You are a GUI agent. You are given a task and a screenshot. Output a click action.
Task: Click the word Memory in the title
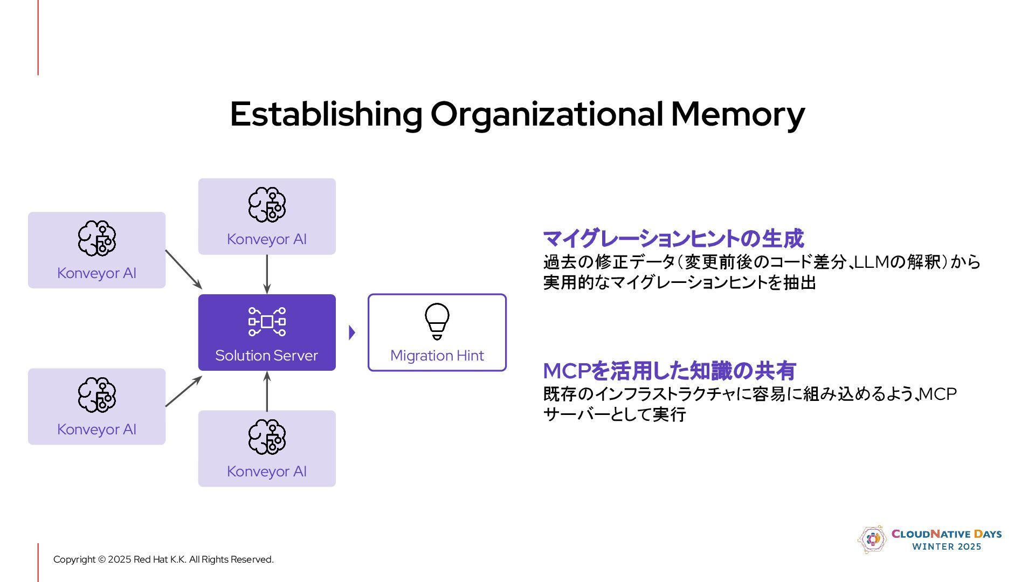[737, 114]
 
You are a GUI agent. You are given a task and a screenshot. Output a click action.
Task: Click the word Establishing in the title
[326, 114]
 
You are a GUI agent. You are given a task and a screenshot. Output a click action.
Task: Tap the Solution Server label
[266, 356]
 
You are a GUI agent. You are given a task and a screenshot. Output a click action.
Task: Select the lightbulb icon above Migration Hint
[437, 321]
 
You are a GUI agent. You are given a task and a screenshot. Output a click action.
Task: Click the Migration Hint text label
[437, 356]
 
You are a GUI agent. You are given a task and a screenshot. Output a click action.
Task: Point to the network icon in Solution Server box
[267, 322]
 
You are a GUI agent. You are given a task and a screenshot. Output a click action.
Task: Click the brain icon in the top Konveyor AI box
[267, 205]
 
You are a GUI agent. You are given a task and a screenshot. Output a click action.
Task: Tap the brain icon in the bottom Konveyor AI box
[267, 437]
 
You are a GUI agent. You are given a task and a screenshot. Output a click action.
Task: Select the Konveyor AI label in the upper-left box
[96, 273]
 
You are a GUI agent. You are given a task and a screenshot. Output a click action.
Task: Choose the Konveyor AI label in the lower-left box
[96, 429]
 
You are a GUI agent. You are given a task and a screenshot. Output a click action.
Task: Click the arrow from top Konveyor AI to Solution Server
[267, 274]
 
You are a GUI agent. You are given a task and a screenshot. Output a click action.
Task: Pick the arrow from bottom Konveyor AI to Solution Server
[267, 391]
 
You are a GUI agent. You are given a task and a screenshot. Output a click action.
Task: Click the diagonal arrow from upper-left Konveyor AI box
[183, 269]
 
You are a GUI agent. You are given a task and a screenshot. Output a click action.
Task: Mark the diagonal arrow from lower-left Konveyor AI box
[183, 391]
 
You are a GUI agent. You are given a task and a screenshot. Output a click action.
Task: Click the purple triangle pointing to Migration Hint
[352, 332]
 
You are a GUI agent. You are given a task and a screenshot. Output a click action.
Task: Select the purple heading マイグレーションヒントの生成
[673, 239]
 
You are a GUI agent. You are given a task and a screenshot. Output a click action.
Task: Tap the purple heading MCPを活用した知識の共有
[669, 371]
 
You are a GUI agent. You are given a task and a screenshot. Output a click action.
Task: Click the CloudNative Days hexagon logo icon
[872, 539]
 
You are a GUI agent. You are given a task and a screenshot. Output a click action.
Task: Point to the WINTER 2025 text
[947, 547]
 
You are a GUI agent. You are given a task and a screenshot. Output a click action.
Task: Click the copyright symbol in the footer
[102, 560]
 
